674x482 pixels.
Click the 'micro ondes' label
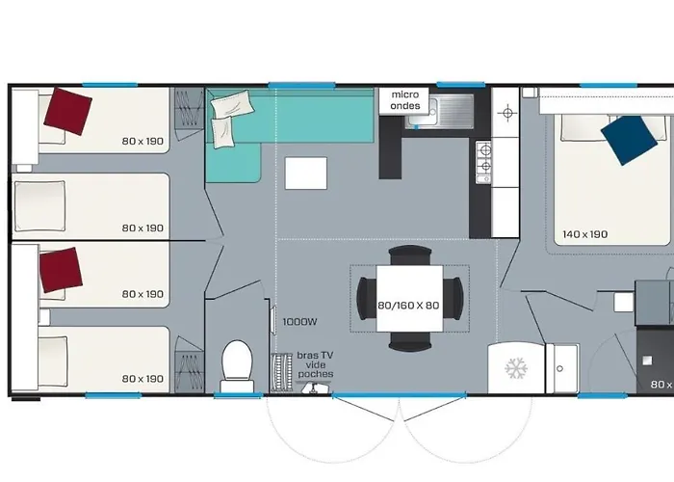[404, 100]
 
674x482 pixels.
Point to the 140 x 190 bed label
[584, 234]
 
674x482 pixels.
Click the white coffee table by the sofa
[306, 174]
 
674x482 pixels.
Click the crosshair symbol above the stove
[507, 112]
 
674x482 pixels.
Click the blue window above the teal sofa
[287, 85]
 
